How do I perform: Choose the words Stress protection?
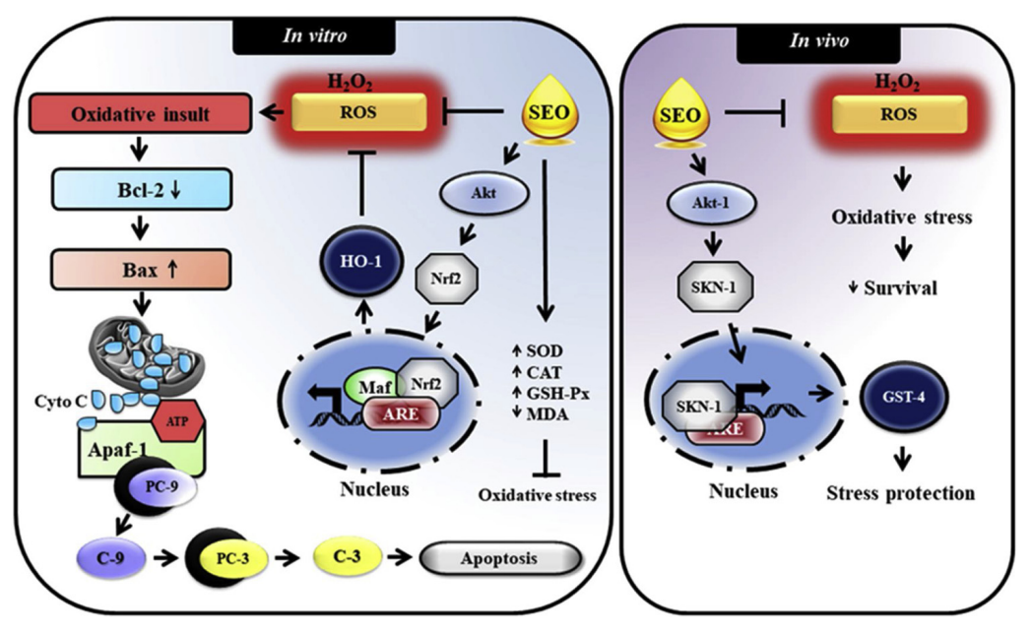point(902,492)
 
